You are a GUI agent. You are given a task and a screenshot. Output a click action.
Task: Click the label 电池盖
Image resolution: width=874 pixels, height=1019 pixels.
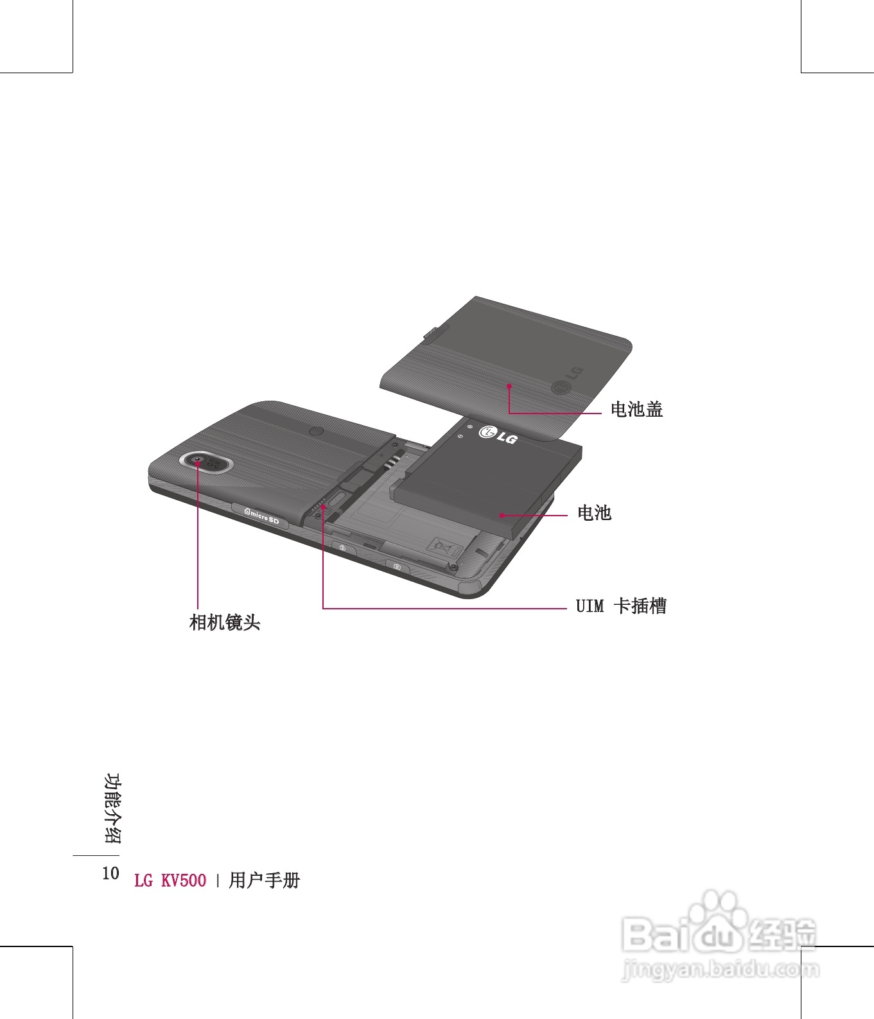(x=636, y=409)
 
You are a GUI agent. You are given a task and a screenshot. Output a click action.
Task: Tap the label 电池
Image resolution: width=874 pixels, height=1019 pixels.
(x=594, y=512)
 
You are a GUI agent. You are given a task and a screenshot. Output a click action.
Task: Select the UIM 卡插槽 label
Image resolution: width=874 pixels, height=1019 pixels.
(x=621, y=605)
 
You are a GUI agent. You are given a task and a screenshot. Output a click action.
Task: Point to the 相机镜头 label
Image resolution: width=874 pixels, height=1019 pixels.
(x=225, y=622)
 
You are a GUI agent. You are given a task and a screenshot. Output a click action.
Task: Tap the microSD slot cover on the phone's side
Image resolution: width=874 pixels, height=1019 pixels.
(x=261, y=514)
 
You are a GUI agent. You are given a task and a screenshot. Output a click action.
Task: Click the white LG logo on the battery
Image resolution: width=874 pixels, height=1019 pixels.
(x=498, y=435)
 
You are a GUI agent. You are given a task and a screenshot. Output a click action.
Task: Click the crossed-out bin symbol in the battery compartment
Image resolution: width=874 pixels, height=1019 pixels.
(x=444, y=546)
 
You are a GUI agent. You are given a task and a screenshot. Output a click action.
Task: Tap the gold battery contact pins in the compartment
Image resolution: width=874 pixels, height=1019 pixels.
(x=392, y=459)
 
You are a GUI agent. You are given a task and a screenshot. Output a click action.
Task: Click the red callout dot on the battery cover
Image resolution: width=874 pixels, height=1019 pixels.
(x=509, y=386)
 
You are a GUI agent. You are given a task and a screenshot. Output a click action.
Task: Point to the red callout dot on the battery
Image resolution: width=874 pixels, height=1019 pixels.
(x=501, y=515)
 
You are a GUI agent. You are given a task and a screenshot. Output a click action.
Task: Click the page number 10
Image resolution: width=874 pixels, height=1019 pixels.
(x=110, y=873)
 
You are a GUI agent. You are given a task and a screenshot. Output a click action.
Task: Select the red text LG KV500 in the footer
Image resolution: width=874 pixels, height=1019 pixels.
(x=170, y=880)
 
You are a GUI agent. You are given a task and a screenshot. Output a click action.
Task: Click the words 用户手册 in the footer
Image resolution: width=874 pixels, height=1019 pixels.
(x=264, y=880)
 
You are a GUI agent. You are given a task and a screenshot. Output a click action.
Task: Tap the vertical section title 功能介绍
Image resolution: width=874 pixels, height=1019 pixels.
(x=112, y=808)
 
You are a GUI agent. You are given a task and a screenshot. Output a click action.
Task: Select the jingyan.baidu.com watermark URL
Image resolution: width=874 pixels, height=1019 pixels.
(x=721, y=968)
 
